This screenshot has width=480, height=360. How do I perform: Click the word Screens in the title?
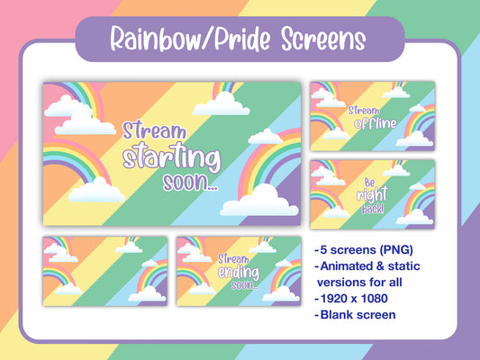click(x=320, y=40)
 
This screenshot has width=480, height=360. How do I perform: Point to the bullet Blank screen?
click(x=359, y=315)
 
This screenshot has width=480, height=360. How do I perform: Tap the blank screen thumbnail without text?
click(x=104, y=271)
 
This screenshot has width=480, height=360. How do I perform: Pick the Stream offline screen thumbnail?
click(x=372, y=116)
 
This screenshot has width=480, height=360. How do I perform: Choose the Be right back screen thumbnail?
click(x=372, y=193)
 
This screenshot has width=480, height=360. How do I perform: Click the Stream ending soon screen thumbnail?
click(x=239, y=271)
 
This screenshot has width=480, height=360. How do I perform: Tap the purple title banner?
click(x=239, y=40)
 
